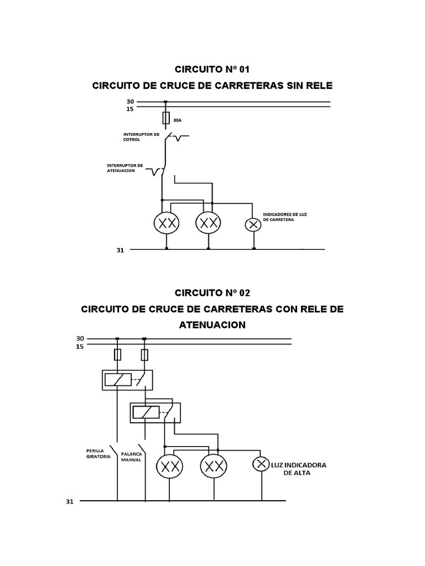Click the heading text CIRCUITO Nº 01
pyautogui.click(x=212, y=69)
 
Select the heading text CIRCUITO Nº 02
pyautogui.click(x=212, y=292)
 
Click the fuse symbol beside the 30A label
pyautogui.click(x=165, y=118)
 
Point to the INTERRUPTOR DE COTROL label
pyautogui.click(x=141, y=137)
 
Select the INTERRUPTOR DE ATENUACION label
pyautogui.click(x=125, y=167)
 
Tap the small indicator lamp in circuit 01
pyautogui.click(x=253, y=224)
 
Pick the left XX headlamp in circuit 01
pyautogui.click(x=165, y=223)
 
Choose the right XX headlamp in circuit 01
pyautogui.click(x=208, y=223)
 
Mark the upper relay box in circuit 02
pyautogui.click(x=127, y=380)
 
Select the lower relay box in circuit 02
pyautogui.click(x=155, y=412)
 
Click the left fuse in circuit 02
pyautogui.click(x=117, y=354)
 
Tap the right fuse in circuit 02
pyautogui.click(x=144, y=354)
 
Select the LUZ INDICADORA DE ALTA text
pyautogui.click(x=298, y=469)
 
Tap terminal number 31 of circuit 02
pyautogui.click(x=69, y=502)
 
